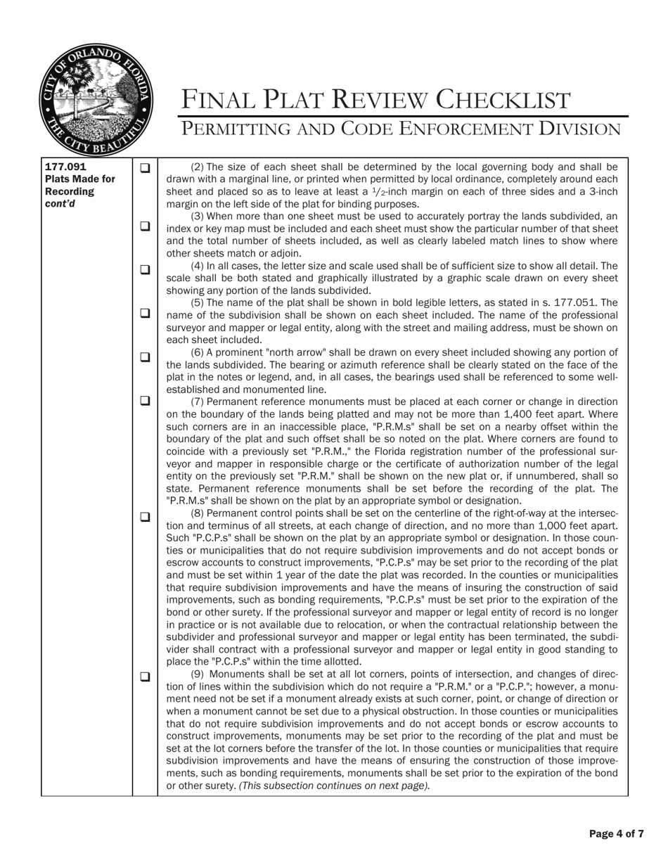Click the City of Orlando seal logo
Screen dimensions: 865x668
tap(96, 99)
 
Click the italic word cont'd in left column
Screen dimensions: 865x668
tap(60, 204)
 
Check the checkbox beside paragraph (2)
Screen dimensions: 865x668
tap(145, 168)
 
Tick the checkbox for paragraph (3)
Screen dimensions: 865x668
tap(145, 226)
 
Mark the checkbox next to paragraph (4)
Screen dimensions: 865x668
tap(145, 269)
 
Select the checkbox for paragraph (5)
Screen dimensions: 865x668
tap(145, 313)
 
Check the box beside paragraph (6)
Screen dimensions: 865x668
tap(145, 357)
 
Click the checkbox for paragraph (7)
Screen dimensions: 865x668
tap(145, 401)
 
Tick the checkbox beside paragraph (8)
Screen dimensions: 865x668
tap(145, 516)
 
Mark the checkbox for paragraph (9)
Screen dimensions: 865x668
tap(145, 677)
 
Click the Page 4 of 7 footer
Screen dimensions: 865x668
tap(616, 834)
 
